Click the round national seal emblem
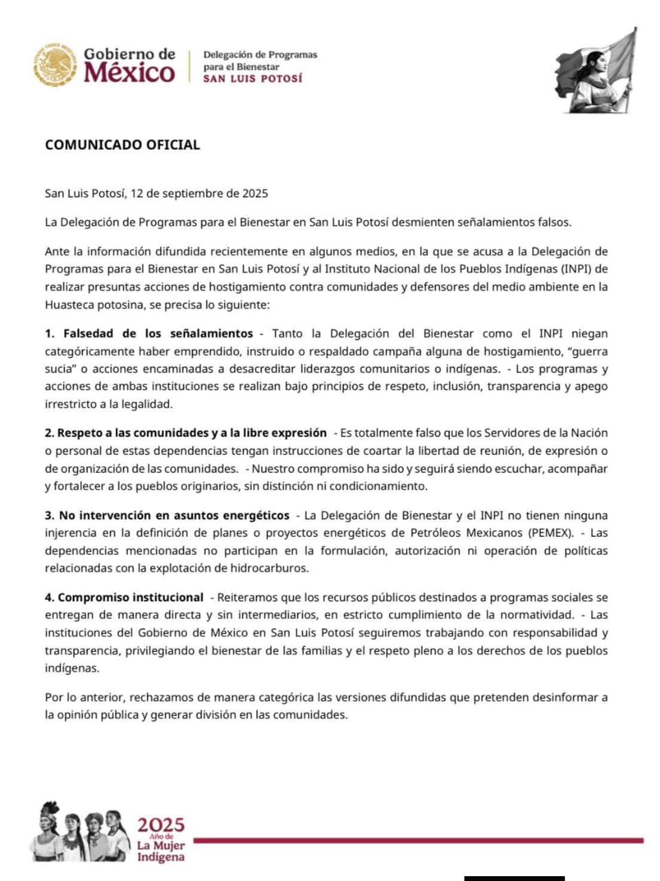click(x=54, y=65)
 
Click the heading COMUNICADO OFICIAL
click(x=123, y=145)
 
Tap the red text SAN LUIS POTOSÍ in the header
click(x=253, y=79)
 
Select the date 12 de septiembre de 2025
click(x=199, y=193)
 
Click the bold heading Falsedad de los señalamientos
click(x=158, y=334)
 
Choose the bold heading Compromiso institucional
click(x=130, y=597)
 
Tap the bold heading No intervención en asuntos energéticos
click(x=174, y=516)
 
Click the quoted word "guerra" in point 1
click(x=589, y=351)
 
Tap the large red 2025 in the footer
click(x=161, y=825)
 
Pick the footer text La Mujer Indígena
click(x=161, y=851)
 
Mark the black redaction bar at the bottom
click(x=514, y=878)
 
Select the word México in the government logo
click(x=129, y=72)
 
